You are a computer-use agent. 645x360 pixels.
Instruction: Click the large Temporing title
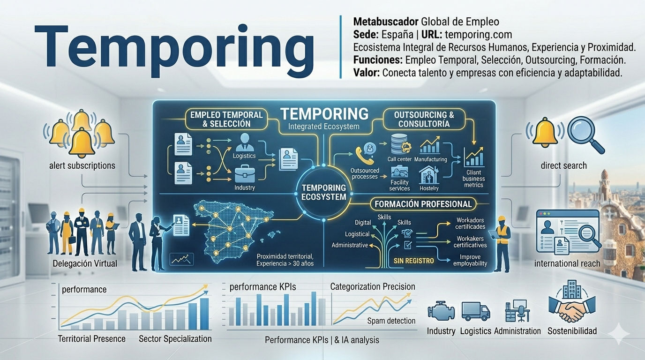(x=174, y=49)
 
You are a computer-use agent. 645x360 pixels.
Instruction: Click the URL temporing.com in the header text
(x=478, y=35)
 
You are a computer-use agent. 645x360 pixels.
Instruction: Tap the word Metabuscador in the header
(x=386, y=22)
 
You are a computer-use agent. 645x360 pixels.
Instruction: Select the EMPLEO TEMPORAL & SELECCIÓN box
(x=226, y=119)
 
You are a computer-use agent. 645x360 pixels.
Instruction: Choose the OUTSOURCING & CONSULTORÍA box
(x=424, y=119)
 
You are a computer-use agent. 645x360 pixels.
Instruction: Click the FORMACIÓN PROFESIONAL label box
(x=423, y=204)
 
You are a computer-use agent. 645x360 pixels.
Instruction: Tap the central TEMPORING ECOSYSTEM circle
(x=323, y=192)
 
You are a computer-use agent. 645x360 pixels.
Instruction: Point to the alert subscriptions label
(x=82, y=165)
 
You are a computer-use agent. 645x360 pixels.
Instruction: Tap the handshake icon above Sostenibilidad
(x=572, y=308)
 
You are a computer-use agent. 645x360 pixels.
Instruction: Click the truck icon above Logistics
(x=476, y=311)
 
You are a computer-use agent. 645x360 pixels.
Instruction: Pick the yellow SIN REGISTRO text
(x=413, y=261)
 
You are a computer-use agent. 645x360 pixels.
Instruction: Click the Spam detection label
(x=391, y=321)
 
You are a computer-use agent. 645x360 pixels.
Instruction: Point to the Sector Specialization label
(x=175, y=339)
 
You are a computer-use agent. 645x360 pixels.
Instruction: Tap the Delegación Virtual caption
(x=85, y=263)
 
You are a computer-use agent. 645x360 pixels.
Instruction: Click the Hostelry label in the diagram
(x=429, y=188)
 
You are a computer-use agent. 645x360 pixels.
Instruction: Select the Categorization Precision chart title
(x=373, y=286)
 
